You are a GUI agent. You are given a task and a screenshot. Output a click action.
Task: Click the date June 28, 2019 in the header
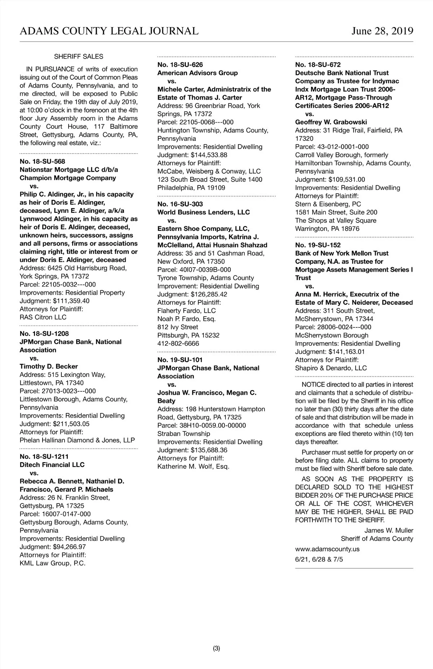[382, 31]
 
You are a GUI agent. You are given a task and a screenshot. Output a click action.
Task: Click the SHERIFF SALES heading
[78, 57]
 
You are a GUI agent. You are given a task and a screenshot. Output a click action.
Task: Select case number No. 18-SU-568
[42, 162]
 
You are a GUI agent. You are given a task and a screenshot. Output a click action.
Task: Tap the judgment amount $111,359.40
[71, 301]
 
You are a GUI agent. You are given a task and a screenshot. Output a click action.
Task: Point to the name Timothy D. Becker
[49, 366]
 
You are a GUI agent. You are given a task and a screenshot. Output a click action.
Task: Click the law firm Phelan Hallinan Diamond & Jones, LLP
[77, 440]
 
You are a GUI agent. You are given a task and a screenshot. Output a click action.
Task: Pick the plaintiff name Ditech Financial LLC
[52, 465]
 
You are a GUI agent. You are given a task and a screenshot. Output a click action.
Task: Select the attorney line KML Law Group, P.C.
[53, 563]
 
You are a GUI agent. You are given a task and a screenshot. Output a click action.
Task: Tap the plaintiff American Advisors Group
[197, 73]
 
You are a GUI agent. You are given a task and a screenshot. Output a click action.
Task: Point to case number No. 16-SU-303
[180, 204]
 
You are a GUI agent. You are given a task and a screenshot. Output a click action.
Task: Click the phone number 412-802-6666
[178, 344]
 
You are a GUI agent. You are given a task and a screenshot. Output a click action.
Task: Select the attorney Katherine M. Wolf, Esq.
[193, 467]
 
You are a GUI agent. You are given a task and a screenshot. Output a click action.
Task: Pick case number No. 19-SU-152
[318, 245]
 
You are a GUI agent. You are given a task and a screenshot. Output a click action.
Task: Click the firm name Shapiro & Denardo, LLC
[331, 368]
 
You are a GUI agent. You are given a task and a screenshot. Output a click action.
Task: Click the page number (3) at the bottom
[216, 648]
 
